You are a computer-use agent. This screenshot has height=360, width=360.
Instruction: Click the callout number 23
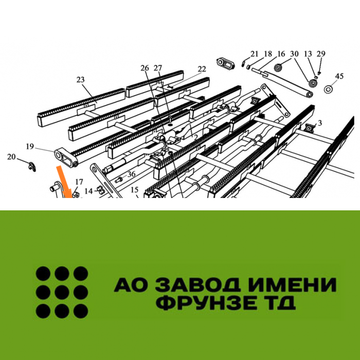(81, 80)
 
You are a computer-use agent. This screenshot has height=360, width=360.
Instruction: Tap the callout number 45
(339, 76)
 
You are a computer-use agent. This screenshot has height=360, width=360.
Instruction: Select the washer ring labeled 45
(329, 89)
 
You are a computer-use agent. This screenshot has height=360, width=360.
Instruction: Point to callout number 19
(30, 146)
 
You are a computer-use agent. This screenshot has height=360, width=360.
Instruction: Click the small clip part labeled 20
(32, 166)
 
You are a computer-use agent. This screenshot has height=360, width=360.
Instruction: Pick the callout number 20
(11, 157)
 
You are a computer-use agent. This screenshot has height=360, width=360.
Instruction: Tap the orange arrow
(64, 182)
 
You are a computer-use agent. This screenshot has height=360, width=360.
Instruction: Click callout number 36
(131, 174)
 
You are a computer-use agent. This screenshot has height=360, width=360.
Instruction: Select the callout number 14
(88, 191)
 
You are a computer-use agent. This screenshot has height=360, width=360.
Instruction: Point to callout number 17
(79, 182)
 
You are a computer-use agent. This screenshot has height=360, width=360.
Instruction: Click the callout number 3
(320, 123)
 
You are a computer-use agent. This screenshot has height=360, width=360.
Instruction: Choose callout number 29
(321, 53)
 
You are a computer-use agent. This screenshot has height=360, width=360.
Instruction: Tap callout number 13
(308, 53)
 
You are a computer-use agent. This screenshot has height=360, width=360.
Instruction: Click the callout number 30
(294, 53)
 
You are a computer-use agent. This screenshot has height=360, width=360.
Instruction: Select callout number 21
(255, 53)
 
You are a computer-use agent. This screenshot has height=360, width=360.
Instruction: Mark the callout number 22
(202, 69)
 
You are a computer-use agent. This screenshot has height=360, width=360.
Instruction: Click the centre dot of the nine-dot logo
(62, 292)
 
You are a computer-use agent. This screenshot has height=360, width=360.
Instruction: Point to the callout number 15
(135, 190)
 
